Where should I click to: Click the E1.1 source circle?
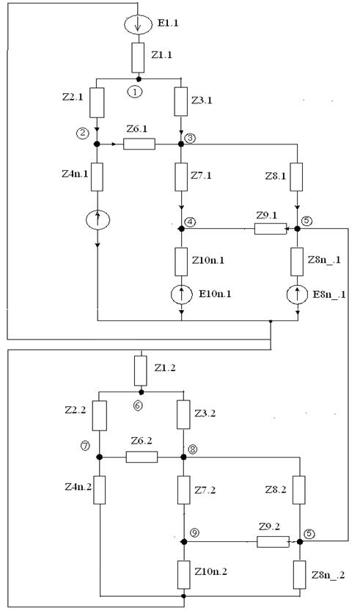[x=137, y=24]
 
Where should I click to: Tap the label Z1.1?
[x=161, y=55]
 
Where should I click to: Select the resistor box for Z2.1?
[x=97, y=103]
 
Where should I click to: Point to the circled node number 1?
[x=135, y=92]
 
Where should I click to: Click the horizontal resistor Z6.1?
[x=139, y=144]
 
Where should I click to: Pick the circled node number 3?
[x=189, y=139]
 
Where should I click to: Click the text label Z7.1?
[x=201, y=175]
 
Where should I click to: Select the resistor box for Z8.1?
[x=296, y=177]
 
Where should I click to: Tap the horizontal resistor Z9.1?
[x=271, y=228]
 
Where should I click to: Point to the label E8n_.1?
[x=329, y=294]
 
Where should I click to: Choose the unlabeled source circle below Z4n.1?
[x=98, y=220]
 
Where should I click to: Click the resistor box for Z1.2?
[x=141, y=370]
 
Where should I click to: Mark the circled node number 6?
[x=137, y=405]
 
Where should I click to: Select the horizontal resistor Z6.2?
[x=142, y=457]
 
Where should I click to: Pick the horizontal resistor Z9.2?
[x=273, y=542]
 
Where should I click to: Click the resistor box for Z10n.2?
[x=184, y=575]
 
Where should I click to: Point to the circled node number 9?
[x=194, y=533]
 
